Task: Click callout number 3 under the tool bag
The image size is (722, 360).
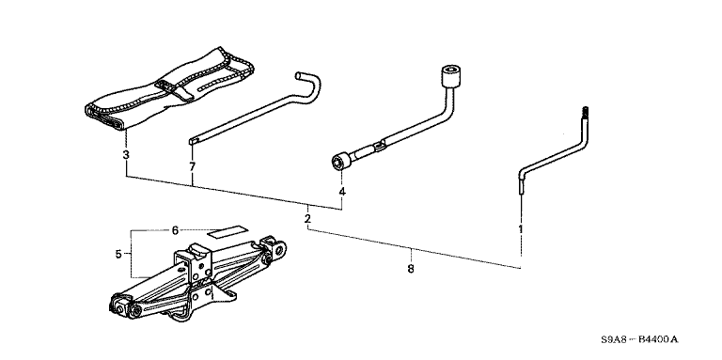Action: point(126,155)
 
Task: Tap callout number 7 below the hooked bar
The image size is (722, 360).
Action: point(192,166)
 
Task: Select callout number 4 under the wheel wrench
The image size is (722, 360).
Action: point(341,192)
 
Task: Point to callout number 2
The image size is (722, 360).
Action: point(307,218)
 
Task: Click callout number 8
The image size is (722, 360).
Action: point(411,269)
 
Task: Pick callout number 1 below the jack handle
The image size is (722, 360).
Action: point(521,228)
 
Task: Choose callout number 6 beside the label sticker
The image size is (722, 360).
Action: point(175,230)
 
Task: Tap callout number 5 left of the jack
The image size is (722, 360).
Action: point(118,254)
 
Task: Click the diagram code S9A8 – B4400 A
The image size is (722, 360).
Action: point(639,339)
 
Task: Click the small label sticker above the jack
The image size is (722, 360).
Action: point(228,231)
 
